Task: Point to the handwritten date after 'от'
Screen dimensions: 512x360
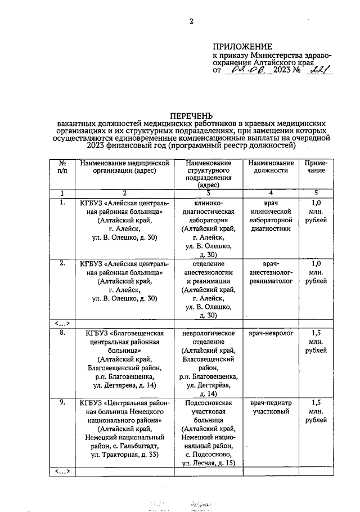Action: [245, 71]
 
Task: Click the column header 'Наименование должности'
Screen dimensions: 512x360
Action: [271, 168]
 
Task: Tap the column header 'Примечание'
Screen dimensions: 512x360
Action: [316, 168]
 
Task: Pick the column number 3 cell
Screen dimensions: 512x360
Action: [208, 194]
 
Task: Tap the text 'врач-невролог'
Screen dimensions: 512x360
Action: [271, 334]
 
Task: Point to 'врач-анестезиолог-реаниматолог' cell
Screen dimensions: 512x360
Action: [271, 272]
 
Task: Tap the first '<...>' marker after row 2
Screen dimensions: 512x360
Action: [62, 324]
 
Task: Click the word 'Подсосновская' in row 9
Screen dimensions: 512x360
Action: [208, 403]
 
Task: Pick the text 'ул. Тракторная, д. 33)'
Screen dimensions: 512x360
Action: [121, 454]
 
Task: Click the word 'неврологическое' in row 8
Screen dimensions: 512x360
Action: [208, 334]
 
